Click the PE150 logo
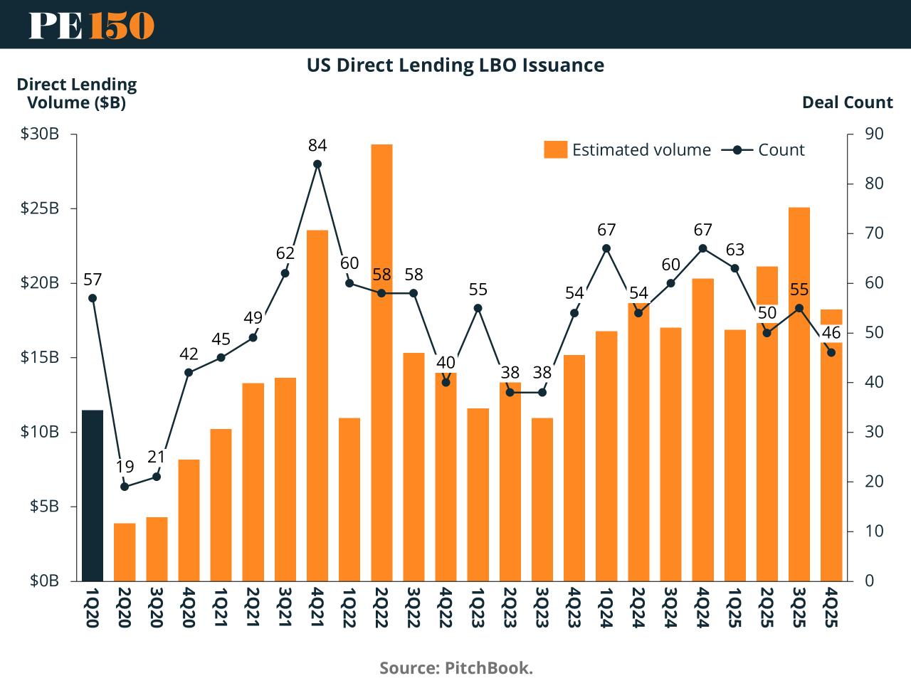pos(91,25)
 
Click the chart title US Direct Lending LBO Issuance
pos(455,65)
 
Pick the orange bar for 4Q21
pos(317,406)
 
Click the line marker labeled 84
pos(317,164)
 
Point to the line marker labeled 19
pos(125,487)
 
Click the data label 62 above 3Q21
pos(285,253)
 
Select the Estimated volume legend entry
pos(627,150)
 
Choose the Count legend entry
pos(763,150)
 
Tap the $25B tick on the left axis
pos(40,208)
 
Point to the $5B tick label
pos(44,507)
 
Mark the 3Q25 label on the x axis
pos(799,607)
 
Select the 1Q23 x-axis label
pos(478,607)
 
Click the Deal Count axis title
pos(847,102)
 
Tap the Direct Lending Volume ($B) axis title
pos(77,93)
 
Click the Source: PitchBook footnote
pos(456,668)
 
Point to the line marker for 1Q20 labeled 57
pos(93,298)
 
